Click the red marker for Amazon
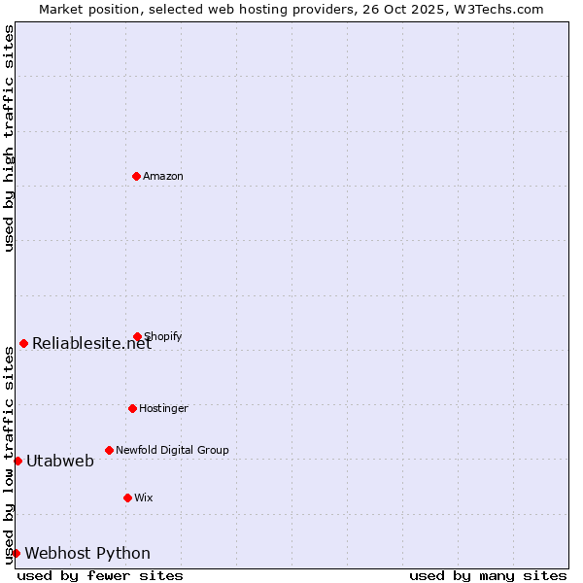click(x=136, y=176)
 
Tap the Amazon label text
click(x=163, y=176)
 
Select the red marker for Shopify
click(x=137, y=336)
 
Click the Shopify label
click(x=163, y=336)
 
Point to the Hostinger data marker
click(x=132, y=408)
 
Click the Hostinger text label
click(x=163, y=408)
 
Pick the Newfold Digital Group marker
click(x=109, y=450)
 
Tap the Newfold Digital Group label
click(x=172, y=450)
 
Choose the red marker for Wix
click(x=127, y=497)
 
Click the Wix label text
click(x=144, y=497)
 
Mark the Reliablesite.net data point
click(x=23, y=343)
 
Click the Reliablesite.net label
click(x=92, y=343)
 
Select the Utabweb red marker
click(x=17, y=461)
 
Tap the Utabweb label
click(x=60, y=461)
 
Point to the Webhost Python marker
click(x=16, y=553)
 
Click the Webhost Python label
click(x=87, y=554)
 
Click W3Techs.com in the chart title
click(x=496, y=9)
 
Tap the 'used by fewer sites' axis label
click(x=100, y=575)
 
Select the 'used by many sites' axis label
click(x=488, y=575)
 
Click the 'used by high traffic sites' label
click(x=9, y=138)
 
